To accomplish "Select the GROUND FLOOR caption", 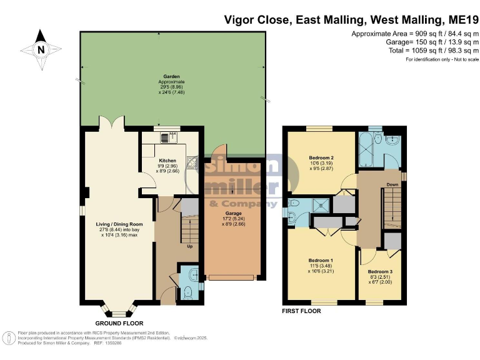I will tap(117, 323).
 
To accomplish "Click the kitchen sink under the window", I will tap(167, 137).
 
